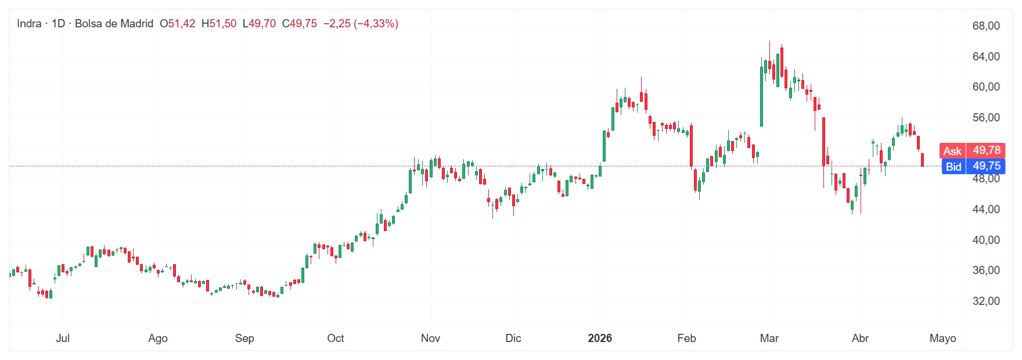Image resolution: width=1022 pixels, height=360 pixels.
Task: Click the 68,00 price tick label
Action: point(986,26)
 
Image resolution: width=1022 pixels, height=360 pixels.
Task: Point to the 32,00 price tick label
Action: point(986,301)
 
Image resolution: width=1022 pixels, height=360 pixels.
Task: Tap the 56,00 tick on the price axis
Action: point(986,117)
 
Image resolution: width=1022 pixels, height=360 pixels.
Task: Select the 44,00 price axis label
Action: point(986,209)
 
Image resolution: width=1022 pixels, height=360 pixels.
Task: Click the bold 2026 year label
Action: point(600,338)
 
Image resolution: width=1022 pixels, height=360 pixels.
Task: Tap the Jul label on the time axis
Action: point(63,338)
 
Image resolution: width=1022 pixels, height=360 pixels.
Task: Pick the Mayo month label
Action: point(942,338)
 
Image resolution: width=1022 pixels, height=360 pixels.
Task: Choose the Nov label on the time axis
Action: point(430,338)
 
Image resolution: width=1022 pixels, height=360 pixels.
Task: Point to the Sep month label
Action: point(244,338)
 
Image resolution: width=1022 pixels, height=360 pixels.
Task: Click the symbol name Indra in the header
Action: point(29,24)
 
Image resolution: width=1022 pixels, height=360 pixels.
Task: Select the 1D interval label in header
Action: point(58,24)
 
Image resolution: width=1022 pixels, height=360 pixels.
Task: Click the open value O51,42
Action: point(178,24)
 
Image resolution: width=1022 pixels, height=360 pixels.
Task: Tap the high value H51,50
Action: point(219,24)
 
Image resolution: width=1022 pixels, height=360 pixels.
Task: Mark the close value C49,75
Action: point(300,24)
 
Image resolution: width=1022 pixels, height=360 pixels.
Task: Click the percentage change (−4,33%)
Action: point(376,24)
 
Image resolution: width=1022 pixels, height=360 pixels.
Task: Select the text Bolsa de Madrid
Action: point(114,24)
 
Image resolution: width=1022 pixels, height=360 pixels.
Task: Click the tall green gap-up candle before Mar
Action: point(761,96)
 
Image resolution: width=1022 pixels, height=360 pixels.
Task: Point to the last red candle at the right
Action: point(922,160)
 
